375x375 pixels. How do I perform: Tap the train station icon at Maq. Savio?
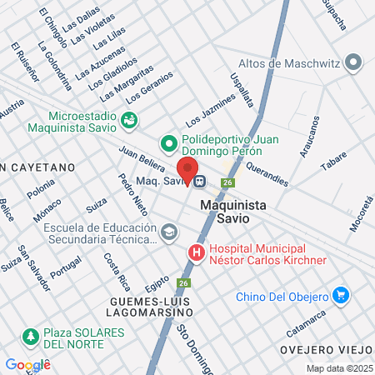(x=200, y=179)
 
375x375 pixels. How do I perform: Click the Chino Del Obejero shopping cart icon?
(x=339, y=295)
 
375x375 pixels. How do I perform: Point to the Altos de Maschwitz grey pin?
(x=355, y=62)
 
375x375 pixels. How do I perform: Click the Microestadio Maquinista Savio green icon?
(x=129, y=120)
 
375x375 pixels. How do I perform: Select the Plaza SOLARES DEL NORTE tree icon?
(x=31, y=337)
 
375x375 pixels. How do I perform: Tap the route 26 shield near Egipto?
(x=184, y=283)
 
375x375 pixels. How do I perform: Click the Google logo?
(x=27, y=364)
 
